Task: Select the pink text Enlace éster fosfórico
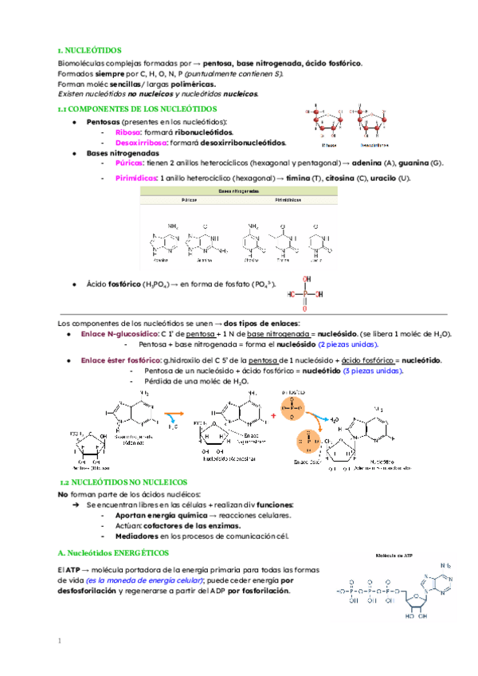(x=119, y=360)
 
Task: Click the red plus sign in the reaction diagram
(x=274, y=415)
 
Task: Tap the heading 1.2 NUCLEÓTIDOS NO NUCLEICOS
(x=123, y=482)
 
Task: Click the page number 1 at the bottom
(x=60, y=640)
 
